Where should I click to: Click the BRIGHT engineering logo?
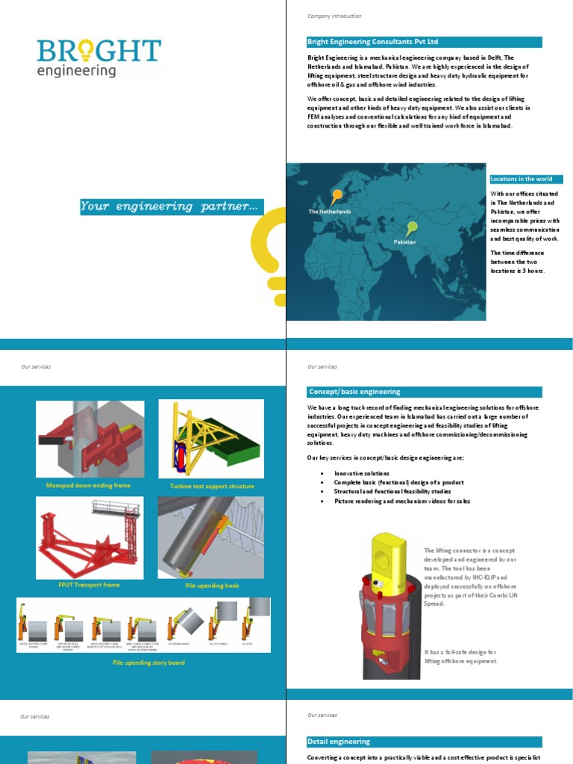(98, 57)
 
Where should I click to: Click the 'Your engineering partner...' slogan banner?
(170, 207)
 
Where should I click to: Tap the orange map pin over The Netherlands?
(337, 196)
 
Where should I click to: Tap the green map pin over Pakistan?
(412, 227)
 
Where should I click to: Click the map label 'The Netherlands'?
(330, 212)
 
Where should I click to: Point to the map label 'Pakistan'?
(404, 242)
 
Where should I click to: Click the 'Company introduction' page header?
(334, 16)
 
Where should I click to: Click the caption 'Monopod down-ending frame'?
(88, 486)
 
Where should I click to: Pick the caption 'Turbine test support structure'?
(212, 486)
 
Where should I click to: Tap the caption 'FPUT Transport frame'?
(88, 585)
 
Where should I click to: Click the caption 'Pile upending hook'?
(211, 586)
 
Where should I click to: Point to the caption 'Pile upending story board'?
(148, 663)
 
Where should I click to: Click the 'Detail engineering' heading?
(339, 742)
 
